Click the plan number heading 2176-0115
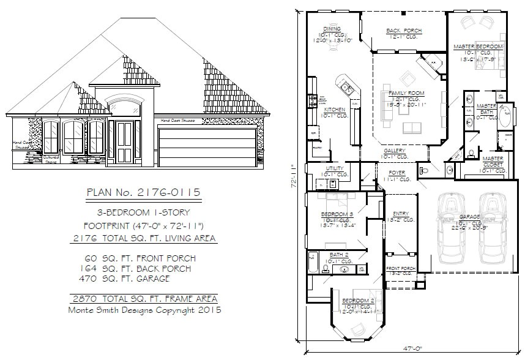coord(144,192)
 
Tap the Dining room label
coord(332,29)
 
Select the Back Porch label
coord(401,31)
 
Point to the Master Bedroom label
coord(478,47)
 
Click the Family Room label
coord(406,93)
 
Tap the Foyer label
coord(397,173)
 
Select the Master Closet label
coord(484,159)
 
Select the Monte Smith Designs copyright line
coord(144,310)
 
